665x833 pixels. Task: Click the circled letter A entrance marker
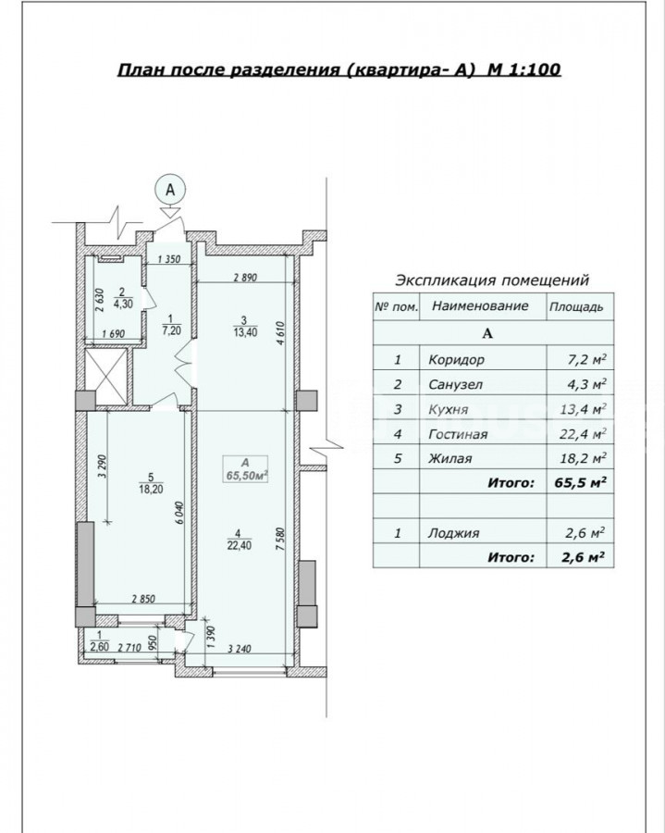(170, 190)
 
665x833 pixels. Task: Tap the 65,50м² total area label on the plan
(246, 476)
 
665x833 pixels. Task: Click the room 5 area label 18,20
(151, 490)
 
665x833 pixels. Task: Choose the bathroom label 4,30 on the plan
(123, 304)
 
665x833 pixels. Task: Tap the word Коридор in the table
(456, 360)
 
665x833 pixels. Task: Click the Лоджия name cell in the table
(454, 533)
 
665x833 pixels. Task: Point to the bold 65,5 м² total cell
(581, 483)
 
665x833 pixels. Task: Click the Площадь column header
(576, 307)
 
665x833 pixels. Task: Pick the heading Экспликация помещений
(493, 280)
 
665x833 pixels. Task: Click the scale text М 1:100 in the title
(523, 70)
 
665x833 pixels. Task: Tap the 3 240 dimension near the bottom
(240, 649)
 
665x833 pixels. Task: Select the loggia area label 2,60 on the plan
(99, 647)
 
